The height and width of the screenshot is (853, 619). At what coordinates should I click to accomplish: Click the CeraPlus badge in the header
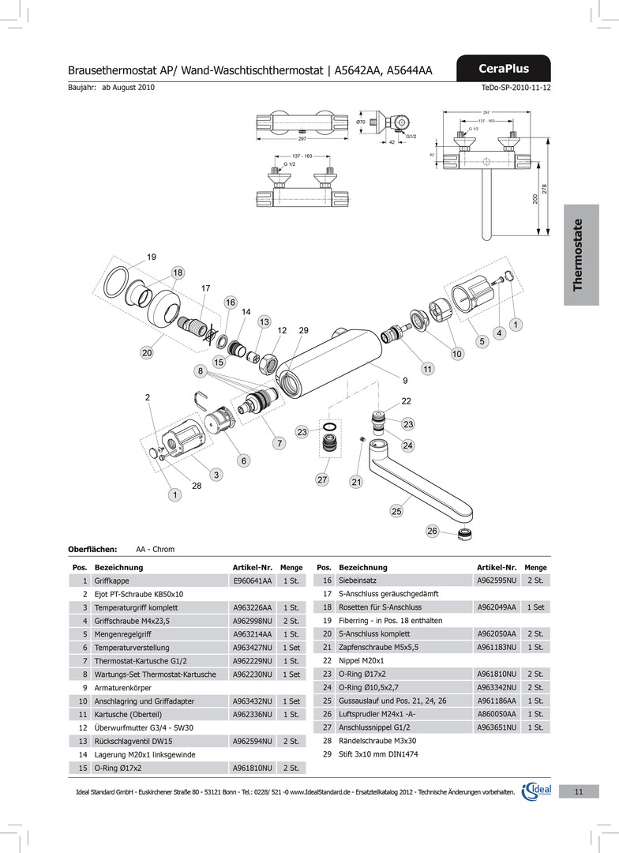504,69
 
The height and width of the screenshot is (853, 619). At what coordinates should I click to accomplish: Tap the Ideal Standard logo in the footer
537,791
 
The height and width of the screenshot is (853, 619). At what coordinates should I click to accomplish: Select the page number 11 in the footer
579,791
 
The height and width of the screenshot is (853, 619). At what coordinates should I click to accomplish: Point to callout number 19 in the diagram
152,257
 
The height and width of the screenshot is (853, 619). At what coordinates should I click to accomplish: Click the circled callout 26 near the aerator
432,532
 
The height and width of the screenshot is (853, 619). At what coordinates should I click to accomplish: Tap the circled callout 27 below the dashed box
322,479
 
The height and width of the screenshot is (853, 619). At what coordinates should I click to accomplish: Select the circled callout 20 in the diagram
147,353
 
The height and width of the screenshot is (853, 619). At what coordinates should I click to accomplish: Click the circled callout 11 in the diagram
427,369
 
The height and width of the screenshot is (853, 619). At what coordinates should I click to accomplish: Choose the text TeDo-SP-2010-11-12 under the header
516,88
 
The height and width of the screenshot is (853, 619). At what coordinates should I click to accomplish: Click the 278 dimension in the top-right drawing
545,190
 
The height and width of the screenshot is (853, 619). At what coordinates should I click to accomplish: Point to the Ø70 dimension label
361,122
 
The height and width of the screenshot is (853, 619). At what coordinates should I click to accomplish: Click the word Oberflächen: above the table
92,549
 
